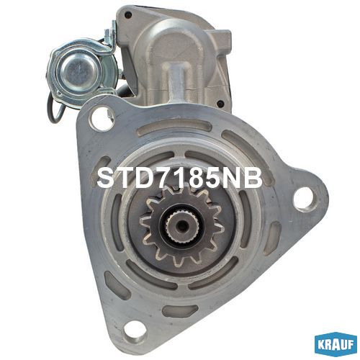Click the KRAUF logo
(x=336, y=345)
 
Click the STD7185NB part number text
(x=179, y=178)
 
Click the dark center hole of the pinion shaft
(x=182, y=225)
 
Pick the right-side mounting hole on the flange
(x=303, y=199)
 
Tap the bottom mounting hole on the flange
(x=133, y=330)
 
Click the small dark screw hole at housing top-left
(x=128, y=15)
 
